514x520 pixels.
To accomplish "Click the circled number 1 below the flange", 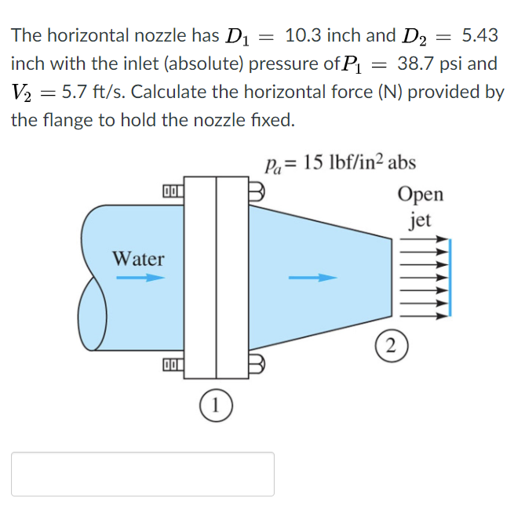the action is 216,405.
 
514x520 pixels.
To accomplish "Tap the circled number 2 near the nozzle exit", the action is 392,346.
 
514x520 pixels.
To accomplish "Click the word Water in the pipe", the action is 138,259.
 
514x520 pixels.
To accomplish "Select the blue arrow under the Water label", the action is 140,278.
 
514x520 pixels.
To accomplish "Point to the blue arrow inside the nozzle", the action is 312,278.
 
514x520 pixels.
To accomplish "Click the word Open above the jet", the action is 421,195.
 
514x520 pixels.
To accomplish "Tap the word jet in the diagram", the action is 420,220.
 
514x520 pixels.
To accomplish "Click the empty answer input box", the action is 143,474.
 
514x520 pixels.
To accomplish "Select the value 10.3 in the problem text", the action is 304,35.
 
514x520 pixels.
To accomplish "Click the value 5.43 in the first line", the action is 479,35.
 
